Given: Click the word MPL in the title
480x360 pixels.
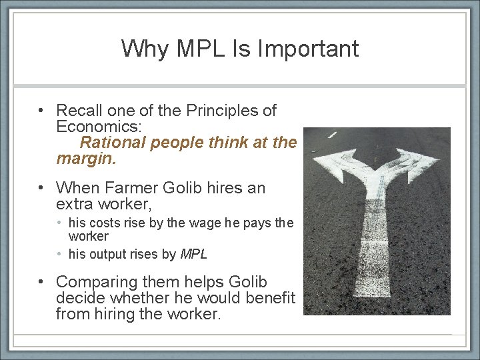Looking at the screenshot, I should coord(201,48).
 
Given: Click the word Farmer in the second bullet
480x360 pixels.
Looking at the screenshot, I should coord(129,189).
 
